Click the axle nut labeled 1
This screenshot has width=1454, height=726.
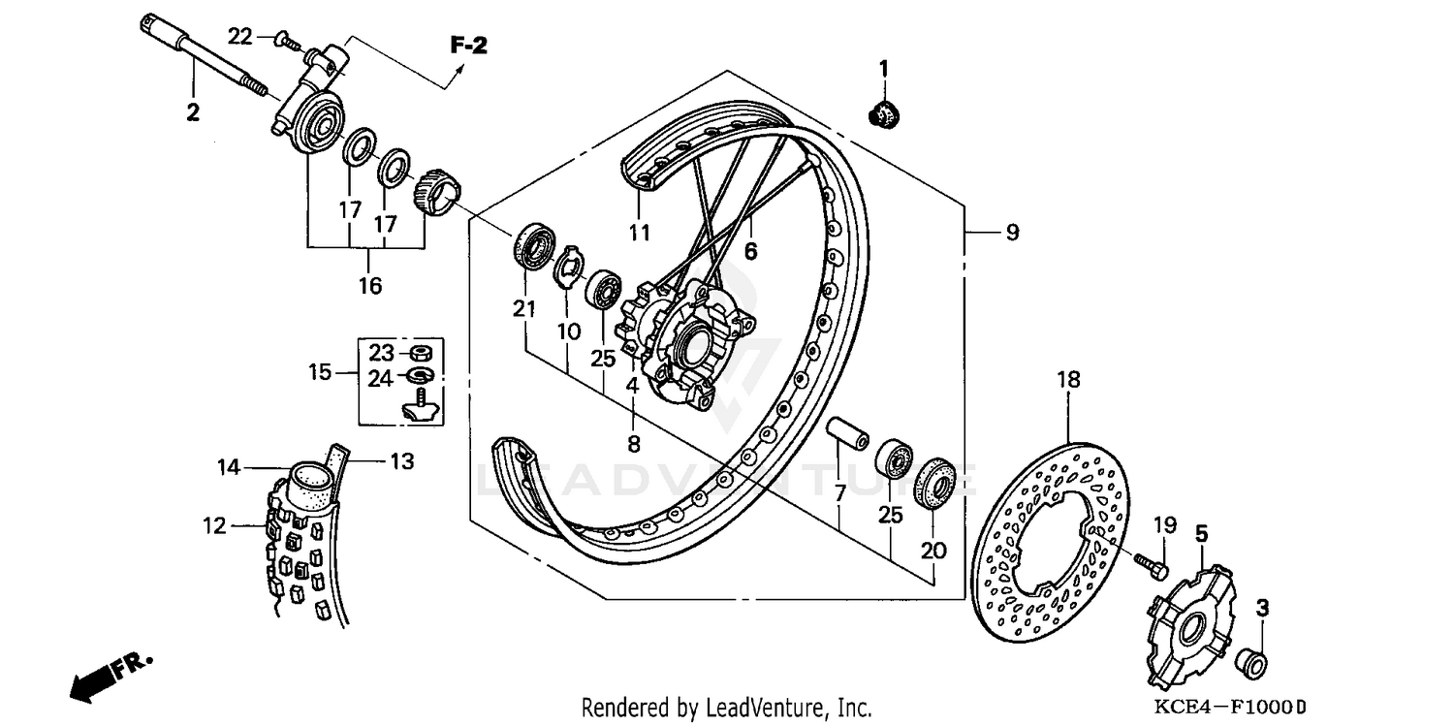click(x=882, y=112)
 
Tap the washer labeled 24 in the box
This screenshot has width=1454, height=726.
click(x=420, y=374)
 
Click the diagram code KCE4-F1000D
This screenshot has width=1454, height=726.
click(x=1217, y=708)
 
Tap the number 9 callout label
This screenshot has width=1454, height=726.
click(x=1011, y=233)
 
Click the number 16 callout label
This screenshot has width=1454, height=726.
click(x=370, y=285)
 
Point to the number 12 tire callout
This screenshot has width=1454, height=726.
click(x=214, y=526)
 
